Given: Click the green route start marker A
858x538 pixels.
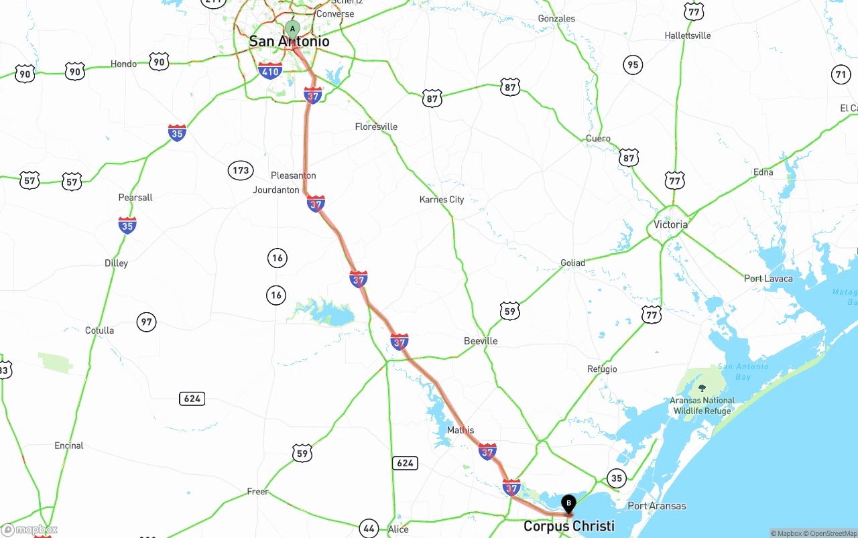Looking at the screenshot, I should coord(292,28).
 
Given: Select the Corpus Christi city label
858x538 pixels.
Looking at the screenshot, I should coord(568,526).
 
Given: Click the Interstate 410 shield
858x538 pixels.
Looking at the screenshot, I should coord(270,70).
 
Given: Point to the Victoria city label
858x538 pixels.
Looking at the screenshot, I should coord(670,224).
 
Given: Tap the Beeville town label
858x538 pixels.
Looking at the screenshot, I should coord(481,341).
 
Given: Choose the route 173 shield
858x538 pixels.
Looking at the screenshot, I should coord(241,170).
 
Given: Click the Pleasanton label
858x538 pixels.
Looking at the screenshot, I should coord(293,176).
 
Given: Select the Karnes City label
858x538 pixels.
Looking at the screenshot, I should coord(441,200).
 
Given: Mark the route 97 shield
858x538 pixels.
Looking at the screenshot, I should coord(146,322).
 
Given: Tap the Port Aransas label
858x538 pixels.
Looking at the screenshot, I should coord(656,506).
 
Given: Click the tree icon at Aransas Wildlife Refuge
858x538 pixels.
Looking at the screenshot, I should coord(702,388).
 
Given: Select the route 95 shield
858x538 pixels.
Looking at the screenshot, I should coord(632,65).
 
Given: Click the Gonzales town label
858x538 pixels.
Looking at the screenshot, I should coord(556,19).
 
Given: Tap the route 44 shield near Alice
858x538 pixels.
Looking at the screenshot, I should coord(369,528).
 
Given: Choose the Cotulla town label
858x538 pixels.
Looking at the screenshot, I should coord(99,330).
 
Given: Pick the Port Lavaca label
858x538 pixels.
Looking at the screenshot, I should coord(768,279).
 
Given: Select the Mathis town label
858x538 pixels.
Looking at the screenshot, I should coord(460,430).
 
